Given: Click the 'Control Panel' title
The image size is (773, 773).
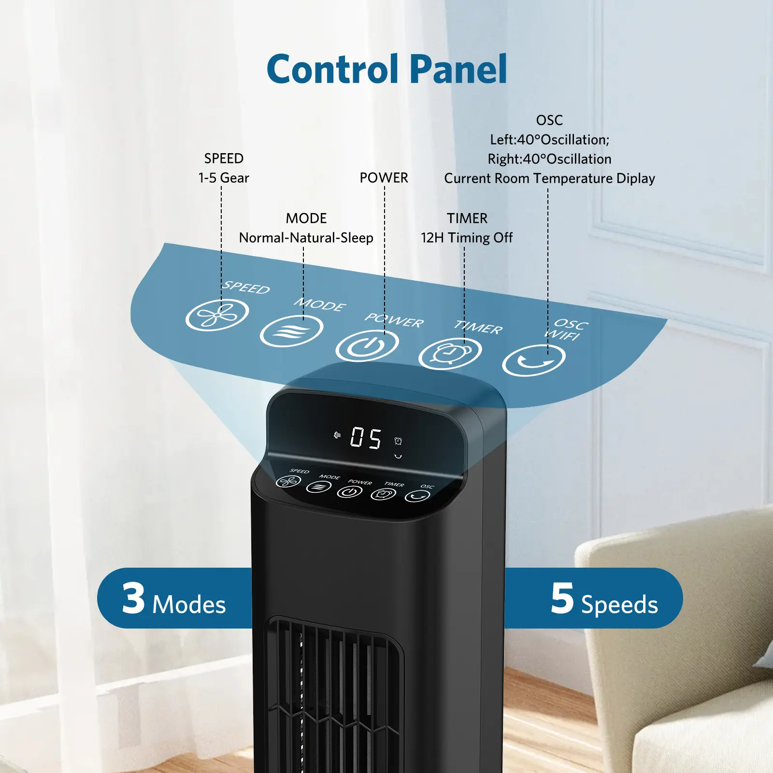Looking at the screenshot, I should [x=386, y=69].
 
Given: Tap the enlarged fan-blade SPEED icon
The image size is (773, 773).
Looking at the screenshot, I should [x=217, y=315].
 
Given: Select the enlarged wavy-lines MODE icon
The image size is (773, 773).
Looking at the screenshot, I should [x=291, y=331].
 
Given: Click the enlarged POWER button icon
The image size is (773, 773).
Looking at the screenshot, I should [x=367, y=345].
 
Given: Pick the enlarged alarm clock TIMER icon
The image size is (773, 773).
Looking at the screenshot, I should [x=450, y=353].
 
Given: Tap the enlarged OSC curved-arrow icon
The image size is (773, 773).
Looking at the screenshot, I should [x=533, y=360].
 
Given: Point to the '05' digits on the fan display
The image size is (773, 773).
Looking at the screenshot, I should [x=366, y=438].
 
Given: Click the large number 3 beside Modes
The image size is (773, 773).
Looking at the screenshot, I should [x=133, y=598].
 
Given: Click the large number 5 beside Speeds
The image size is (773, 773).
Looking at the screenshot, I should [x=562, y=598].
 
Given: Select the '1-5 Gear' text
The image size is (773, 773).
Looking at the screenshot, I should [x=224, y=178].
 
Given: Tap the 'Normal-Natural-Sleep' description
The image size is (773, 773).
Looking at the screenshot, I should [x=306, y=238].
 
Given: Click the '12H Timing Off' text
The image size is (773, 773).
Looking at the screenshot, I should [x=467, y=238].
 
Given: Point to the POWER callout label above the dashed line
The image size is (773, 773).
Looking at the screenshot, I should [x=384, y=178].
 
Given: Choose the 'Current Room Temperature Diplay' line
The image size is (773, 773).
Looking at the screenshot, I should [x=549, y=178].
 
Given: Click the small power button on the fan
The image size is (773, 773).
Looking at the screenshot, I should [x=349, y=492].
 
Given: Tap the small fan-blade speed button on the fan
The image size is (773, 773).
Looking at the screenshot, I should [x=288, y=481].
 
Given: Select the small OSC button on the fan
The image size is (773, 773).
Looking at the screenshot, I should [x=417, y=496].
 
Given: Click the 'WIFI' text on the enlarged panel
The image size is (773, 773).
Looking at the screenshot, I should [x=562, y=335].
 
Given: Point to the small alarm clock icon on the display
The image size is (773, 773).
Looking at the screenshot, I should [x=398, y=441].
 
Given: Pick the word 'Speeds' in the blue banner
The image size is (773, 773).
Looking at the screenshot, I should [x=619, y=604].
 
